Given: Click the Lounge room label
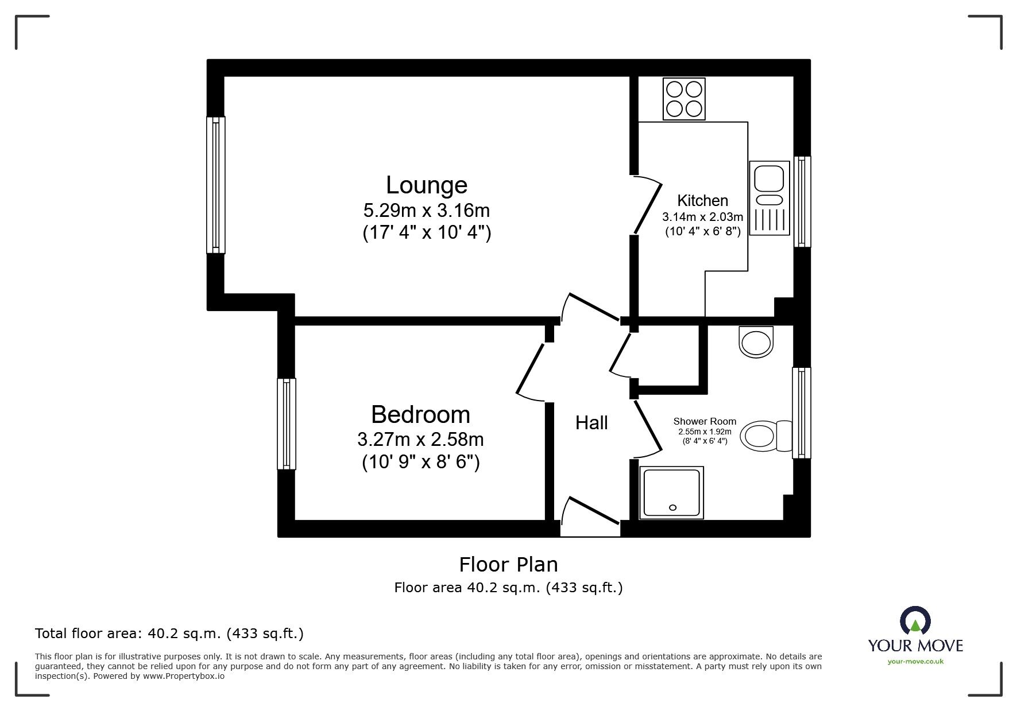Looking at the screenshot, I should [x=426, y=185].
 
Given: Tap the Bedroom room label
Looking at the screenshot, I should [x=420, y=415].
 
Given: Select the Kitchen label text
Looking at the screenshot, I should [x=702, y=201].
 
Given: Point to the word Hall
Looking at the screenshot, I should [x=591, y=424].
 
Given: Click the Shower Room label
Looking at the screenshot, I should [x=705, y=421].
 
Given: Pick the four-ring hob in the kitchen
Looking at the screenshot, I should [x=684, y=99].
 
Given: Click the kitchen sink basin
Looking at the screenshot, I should [x=769, y=178].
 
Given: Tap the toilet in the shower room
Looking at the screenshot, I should [x=764, y=436].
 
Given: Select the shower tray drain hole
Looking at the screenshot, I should [x=672, y=507].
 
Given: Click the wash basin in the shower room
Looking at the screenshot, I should [x=757, y=343].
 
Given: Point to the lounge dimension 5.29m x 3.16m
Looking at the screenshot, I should [x=426, y=211].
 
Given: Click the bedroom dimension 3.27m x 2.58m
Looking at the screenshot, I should [x=420, y=440].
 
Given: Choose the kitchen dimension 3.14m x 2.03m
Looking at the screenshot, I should [x=702, y=217].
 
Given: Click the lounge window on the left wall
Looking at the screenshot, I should [x=216, y=185].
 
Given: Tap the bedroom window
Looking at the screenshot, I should [x=287, y=424].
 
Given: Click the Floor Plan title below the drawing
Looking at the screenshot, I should [x=508, y=565].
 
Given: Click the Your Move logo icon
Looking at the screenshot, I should [x=915, y=622].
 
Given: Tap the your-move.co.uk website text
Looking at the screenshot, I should [x=915, y=662].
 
